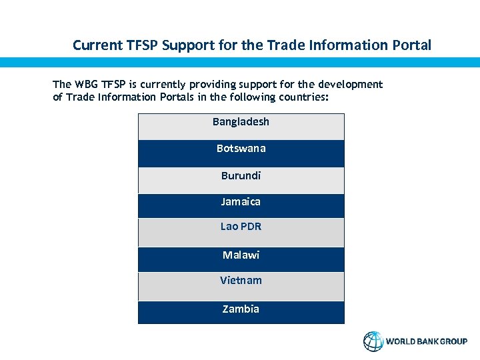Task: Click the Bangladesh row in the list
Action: tap(241, 123)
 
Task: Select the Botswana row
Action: tap(241, 149)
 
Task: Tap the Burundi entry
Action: tap(241, 176)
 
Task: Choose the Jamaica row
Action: tap(241, 202)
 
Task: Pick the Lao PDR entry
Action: tap(241, 227)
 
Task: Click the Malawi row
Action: tap(241, 255)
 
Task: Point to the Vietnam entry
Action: tap(241, 281)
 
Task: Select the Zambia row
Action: tap(241, 309)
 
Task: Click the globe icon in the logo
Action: tap(373, 341)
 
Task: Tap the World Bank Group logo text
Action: tap(427, 341)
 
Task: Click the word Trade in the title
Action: tap(284, 45)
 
